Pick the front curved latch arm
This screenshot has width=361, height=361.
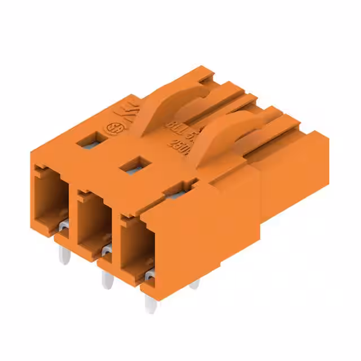tap(223, 140)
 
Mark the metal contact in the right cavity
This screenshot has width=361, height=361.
tap(149, 275)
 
